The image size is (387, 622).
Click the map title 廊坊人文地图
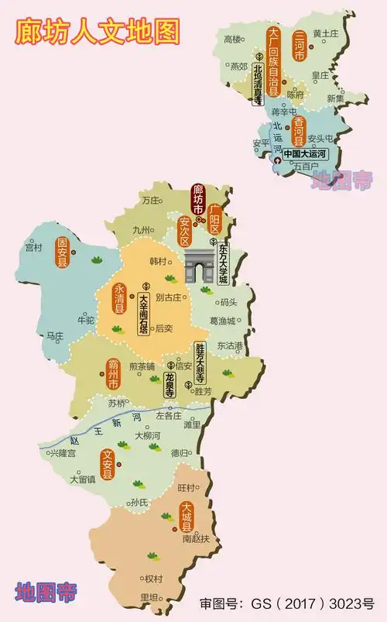pos(98,31)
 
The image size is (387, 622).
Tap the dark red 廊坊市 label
pos(198,200)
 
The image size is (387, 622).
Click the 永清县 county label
pos(120,297)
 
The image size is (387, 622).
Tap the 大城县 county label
pos(185,517)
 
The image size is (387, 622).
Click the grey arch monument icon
pos(200,270)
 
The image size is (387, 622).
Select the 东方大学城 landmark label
pos(224,263)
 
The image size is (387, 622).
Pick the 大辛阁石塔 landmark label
pos(143,313)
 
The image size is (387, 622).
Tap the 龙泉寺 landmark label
pos(170,385)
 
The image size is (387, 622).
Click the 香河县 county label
pos(298,132)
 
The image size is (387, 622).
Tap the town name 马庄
pos(54,336)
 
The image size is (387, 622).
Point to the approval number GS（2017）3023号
pos(286,603)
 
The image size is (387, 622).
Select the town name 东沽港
pos(230,345)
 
